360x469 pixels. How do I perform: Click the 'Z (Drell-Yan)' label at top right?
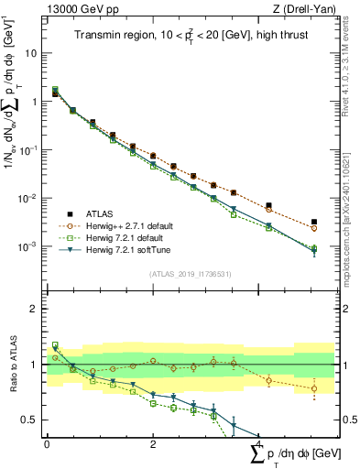[x=309, y=9]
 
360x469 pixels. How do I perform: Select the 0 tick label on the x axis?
[x=47, y=444]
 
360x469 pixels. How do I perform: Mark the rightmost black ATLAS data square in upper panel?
[x=314, y=222]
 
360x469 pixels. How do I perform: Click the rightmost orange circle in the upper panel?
[x=314, y=231]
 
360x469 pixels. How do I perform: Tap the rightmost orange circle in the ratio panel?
[x=314, y=388]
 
